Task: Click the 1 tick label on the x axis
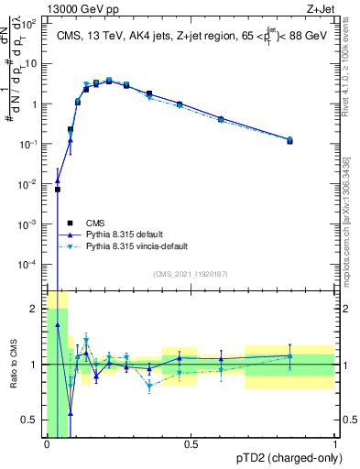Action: (x=334, y=446)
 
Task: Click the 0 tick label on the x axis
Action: (x=47, y=446)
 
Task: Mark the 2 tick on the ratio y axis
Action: (x=34, y=309)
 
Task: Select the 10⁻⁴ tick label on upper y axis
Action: (x=30, y=264)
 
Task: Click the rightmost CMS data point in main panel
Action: (x=289, y=141)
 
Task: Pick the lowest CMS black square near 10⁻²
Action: (x=58, y=190)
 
